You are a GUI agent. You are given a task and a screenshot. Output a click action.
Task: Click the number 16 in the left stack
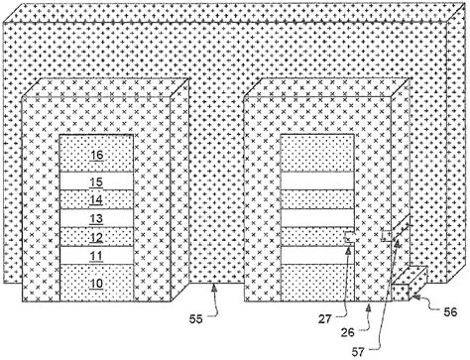click(x=96, y=155)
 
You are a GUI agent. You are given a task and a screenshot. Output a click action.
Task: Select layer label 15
click(x=96, y=181)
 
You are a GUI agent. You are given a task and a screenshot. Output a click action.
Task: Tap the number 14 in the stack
click(x=96, y=199)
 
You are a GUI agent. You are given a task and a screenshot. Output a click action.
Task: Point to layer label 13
click(x=96, y=218)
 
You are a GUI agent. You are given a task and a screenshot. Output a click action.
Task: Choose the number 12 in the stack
click(x=96, y=237)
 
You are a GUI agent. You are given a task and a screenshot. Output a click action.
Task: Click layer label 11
click(x=96, y=256)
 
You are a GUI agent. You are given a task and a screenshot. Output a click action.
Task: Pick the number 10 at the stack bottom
click(x=96, y=283)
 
